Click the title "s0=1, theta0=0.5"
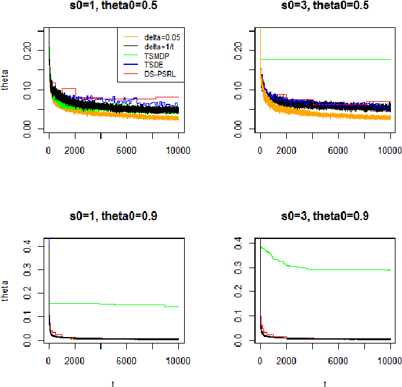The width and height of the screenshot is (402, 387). tap(113, 7)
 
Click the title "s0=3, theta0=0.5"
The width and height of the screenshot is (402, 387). tap(325, 7)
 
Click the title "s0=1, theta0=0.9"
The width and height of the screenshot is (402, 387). tap(113, 217)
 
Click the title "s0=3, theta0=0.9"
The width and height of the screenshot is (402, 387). tap(325, 217)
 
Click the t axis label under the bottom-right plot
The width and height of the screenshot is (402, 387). tap(325, 383)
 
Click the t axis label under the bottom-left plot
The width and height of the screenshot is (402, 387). tap(113, 383)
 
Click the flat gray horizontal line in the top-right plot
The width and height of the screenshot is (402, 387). tap(325, 60)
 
